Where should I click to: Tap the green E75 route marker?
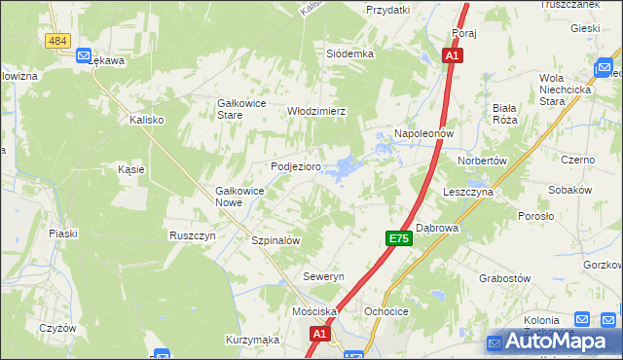(x=397, y=238)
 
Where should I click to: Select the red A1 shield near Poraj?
(x=452, y=56)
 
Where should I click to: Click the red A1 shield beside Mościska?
(x=319, y=334)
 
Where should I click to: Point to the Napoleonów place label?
(x=424, y=133)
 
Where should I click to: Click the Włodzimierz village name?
(x=316, y=111)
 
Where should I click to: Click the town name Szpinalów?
(x=275, y=240)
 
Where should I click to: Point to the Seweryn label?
(x=323, y=277)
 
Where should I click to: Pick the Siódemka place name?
(x=350, y=54)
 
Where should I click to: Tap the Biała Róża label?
(x=504, y=113)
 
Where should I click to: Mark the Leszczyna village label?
(x=468, y=193)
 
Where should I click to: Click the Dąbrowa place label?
(x=437, y=228)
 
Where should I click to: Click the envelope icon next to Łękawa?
(x=85, y=55)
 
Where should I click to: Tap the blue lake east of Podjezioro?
(x=342, y=169)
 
